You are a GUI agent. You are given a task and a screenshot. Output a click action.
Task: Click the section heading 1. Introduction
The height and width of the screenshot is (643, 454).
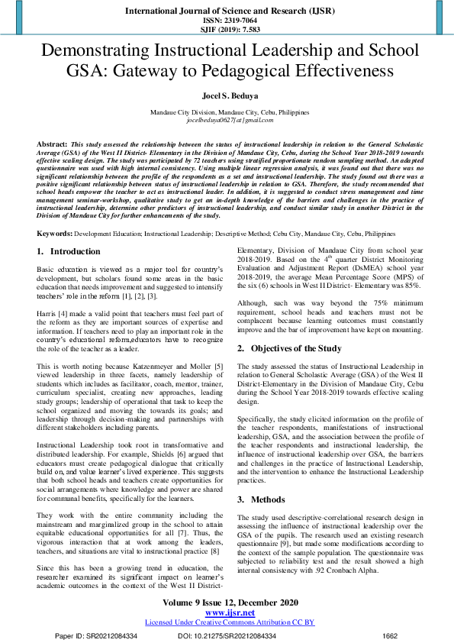(69, 251)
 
